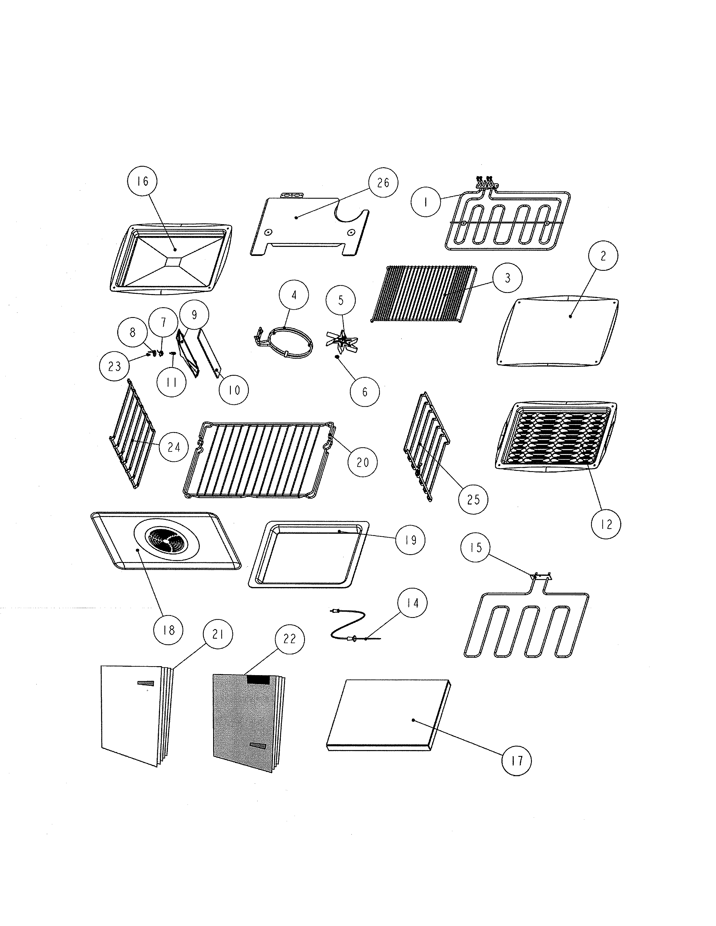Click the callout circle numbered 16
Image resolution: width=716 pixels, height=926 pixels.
(142, 182)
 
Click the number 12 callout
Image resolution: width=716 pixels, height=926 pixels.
(606, 524)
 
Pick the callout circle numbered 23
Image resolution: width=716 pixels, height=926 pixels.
(115, 366)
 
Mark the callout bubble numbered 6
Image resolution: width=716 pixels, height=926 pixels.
(365, 392)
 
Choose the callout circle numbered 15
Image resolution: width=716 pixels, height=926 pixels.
(475, 548)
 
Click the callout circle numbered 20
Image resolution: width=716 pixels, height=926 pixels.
(362, 462)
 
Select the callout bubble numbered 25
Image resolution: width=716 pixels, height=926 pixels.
(473, 500)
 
